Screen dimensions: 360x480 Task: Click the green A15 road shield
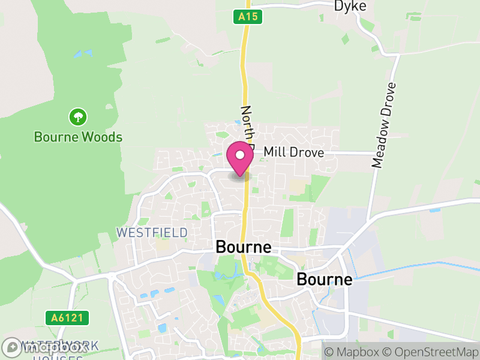(248, 17)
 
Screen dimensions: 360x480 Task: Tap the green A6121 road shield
(67, 317)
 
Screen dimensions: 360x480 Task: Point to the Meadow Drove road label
(384, 124)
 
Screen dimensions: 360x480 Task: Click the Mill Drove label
(293, 153)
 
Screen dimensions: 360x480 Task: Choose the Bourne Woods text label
(78, 137)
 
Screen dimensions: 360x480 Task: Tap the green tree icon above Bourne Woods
(77, 116)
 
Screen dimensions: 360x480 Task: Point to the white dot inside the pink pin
(240, 155)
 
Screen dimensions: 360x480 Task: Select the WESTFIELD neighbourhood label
(152, 232)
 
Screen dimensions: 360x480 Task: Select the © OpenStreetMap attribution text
(430, 352)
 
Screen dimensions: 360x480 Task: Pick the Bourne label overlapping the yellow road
(243, 247)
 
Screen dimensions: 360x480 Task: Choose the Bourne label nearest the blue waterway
(325, 280)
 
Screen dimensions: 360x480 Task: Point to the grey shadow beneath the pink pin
(239, 176)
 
